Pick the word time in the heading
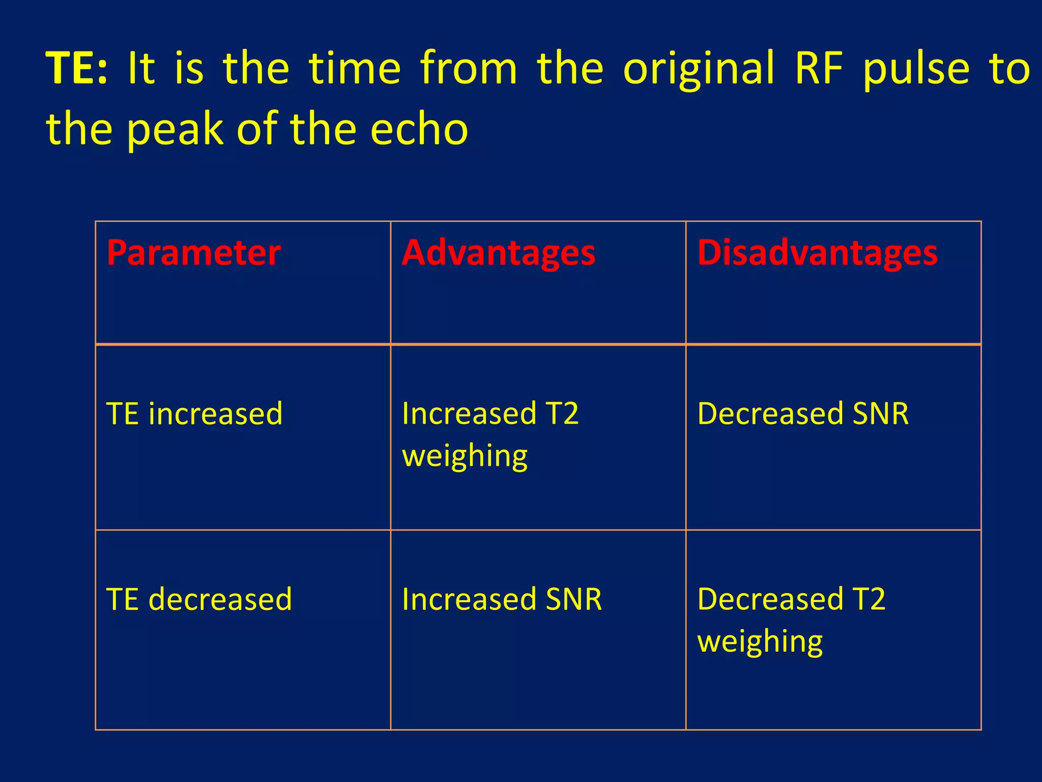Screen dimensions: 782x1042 [355, 69]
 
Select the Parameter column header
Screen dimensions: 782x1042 [193, 253]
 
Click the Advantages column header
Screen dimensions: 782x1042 [499, 253]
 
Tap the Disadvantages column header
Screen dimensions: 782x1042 [817, 253]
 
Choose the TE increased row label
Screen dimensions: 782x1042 [194, 413]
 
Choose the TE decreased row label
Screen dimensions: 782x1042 [199, 599]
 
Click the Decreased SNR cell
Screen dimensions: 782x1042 [802, 413]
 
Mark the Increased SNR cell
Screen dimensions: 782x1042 [502, 599]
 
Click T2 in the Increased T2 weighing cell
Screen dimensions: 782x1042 [562, 413]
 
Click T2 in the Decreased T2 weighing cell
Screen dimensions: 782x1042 [868, 599]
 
